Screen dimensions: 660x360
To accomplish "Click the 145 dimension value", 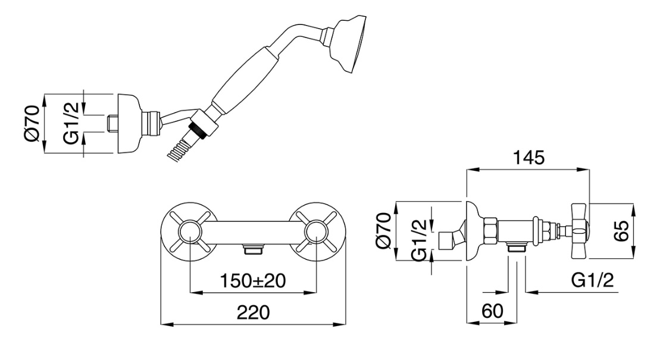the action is pos(528,158).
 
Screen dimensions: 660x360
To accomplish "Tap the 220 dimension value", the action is pos(253,313).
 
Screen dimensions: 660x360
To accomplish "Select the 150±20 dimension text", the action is pos(253,280).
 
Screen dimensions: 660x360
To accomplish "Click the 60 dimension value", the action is pos(492,311).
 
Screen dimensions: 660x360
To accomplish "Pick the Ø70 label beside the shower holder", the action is pos(32,123).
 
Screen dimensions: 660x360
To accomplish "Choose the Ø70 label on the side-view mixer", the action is pos(384,231).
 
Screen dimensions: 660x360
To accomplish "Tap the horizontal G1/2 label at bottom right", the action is pos(592,280).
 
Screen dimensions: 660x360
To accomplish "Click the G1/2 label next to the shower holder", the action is pos(71,123).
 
